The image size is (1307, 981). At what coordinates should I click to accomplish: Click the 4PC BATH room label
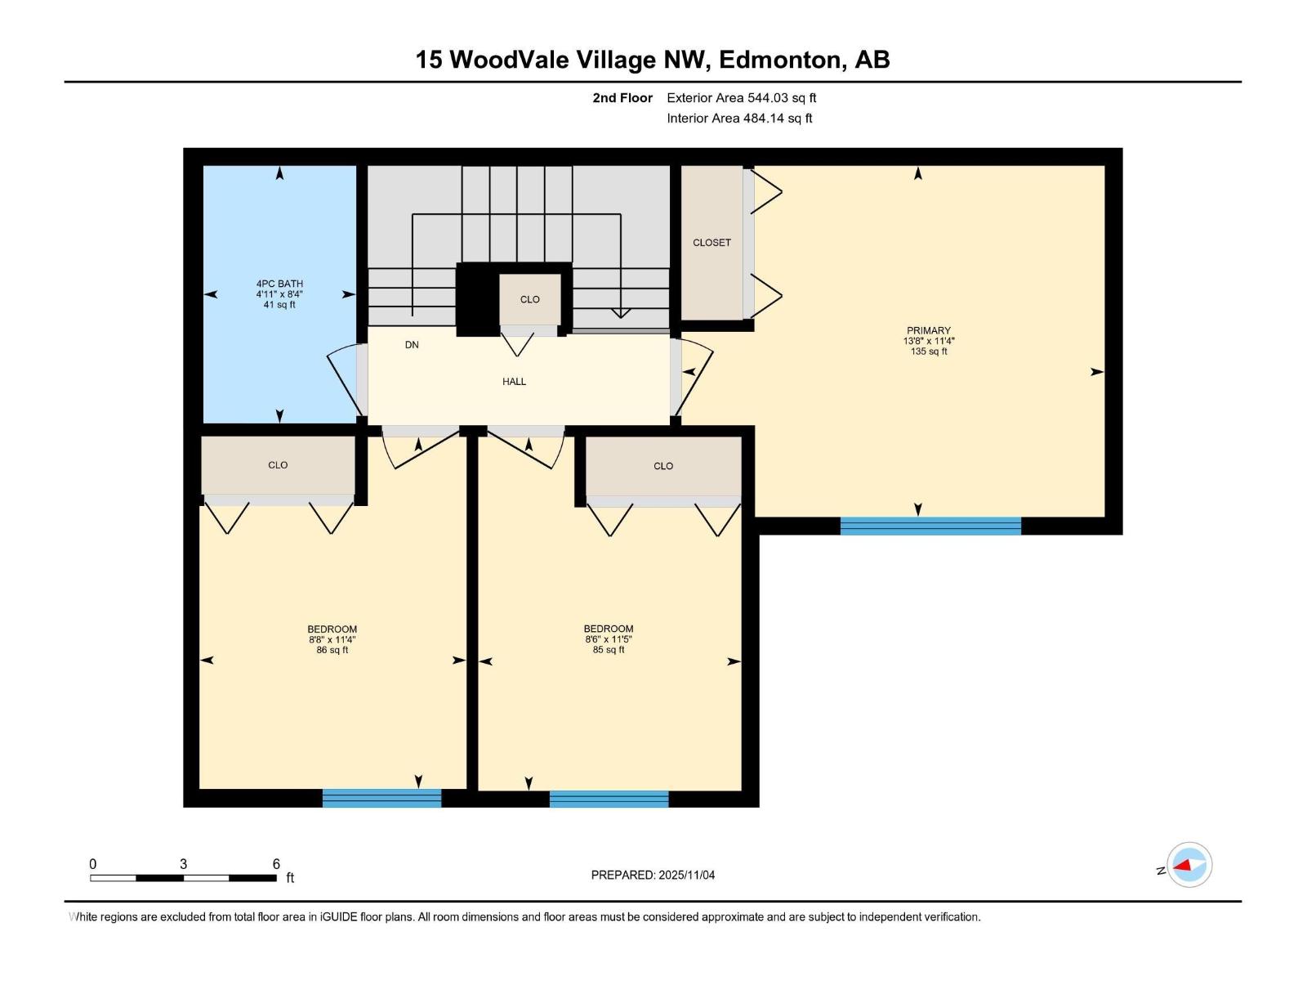(279, 284)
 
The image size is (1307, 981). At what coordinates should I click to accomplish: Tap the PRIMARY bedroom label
(929, 330)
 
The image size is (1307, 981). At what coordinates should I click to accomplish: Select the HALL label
(514, 382)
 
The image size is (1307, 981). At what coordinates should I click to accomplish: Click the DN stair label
(412, 345)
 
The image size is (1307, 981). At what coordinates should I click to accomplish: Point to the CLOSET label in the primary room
(711, 243)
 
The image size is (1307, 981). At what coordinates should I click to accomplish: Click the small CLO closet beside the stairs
(530, 299)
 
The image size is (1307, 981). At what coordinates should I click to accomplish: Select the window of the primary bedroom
(930, 526)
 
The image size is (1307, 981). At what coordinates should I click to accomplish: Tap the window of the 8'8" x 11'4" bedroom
(381, 798)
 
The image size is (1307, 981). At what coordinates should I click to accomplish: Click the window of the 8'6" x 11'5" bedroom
(609, 799)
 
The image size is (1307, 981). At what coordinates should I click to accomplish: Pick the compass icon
(1189, 865)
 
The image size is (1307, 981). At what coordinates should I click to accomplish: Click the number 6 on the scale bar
(276, 864)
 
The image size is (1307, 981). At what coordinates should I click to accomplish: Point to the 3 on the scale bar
(184, 864)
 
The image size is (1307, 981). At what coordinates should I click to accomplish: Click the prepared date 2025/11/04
(685, 875)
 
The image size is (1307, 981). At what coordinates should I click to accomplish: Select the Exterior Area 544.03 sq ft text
(741, 98)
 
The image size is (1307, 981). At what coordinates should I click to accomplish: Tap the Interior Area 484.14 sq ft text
(739, 119)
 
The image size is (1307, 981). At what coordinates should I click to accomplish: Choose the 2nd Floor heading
(622, 98)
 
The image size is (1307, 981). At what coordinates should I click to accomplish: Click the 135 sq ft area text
(929, 352)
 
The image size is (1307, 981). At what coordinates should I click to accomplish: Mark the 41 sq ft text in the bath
(279, 305)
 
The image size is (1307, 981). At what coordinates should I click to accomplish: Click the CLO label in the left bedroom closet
(278, 465)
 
